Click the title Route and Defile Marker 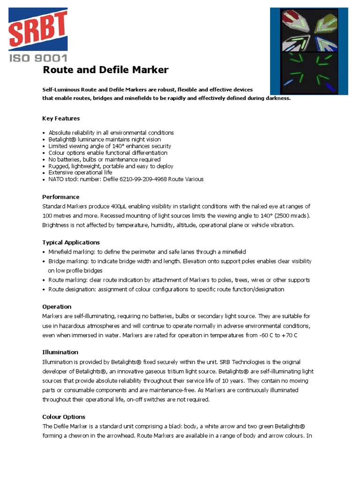[x=105, y=70]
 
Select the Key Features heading [x=61, y=118]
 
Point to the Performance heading [x=61, y=197]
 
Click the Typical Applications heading [x=71, y=242]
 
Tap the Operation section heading [x=57, y=307]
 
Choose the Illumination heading [x=60, y=352]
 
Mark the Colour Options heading [x=64, y=417]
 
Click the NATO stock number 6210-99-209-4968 [x=146, y=179]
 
